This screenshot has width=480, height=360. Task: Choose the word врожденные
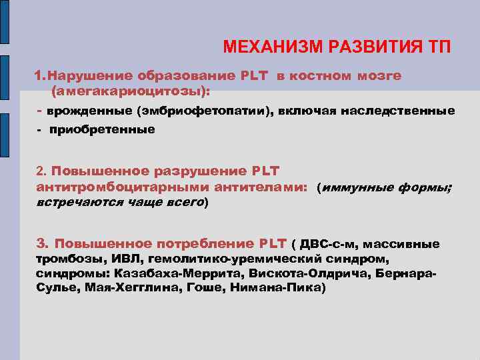click(90, 110)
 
